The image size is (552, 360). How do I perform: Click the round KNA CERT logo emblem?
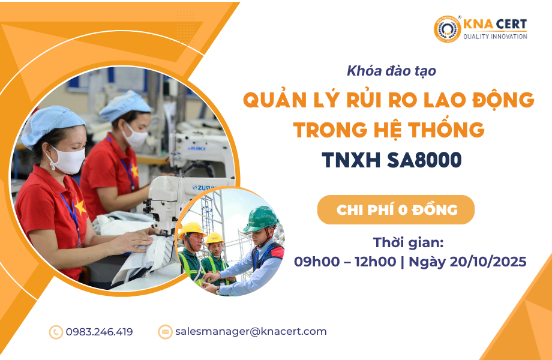(447, 29)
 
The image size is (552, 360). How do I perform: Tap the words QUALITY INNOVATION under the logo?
(495, 37)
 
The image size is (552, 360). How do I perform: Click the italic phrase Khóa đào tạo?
(391, 71)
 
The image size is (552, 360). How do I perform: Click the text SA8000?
(424, 160)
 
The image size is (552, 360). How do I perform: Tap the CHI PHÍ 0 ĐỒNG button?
(395, 210)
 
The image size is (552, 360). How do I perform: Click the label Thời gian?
(409, 243)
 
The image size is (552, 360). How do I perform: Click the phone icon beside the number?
(56, 332)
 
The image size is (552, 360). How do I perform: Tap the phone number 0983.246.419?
(99, 332)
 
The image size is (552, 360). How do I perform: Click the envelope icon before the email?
(165, 332)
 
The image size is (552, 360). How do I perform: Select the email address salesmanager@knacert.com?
(251, 331)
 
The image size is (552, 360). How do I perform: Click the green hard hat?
(261, 219)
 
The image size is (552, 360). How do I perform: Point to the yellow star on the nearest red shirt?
(80, 207)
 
